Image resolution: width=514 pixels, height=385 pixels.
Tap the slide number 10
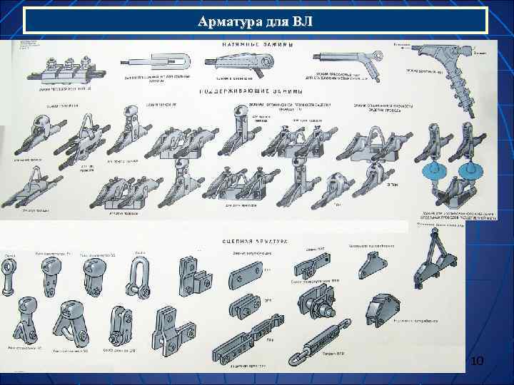click(x=477, y=364)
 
